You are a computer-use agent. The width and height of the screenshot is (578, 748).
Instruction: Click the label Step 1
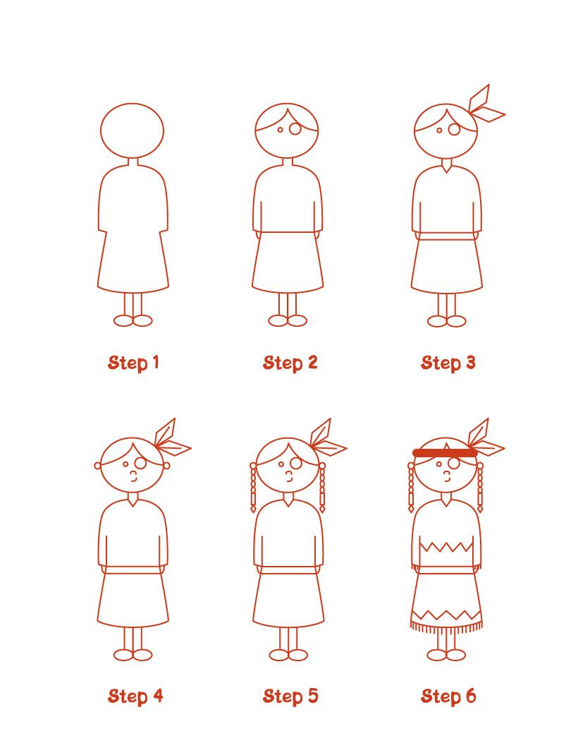coord(133,363)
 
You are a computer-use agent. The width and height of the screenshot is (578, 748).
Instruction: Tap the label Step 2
coord(290,363)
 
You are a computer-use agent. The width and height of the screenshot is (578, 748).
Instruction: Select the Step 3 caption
coord(448,363)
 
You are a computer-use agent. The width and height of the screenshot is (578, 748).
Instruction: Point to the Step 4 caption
coord(135,696)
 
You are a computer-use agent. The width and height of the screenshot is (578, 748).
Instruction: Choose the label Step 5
coord(290,696)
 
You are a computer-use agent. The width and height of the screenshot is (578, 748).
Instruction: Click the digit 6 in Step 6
coord(469,696)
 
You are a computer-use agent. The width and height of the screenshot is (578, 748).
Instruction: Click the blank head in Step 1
coord(132,131)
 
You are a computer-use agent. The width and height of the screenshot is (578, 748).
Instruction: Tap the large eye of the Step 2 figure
coord(295,129)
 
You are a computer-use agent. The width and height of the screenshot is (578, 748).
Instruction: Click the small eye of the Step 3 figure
coord(439,131)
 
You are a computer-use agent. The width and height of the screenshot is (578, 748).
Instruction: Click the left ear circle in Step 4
coord(98,466)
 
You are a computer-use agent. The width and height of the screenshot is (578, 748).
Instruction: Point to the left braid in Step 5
coord(253,488)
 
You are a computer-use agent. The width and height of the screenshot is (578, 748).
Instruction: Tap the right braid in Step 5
coord(323,488)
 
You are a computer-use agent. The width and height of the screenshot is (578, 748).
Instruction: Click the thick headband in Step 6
coord(444,452)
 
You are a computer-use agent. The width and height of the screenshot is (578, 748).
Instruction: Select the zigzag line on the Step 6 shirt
coord(446,547)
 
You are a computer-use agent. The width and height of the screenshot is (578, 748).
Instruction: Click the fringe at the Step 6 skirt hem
coord(446,626)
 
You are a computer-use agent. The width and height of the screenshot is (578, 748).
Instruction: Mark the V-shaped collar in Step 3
coord(448,167)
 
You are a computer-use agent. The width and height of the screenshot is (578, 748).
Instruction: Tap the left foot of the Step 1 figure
coord(123,320)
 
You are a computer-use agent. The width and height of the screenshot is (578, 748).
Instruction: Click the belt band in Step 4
coord(133,569)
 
